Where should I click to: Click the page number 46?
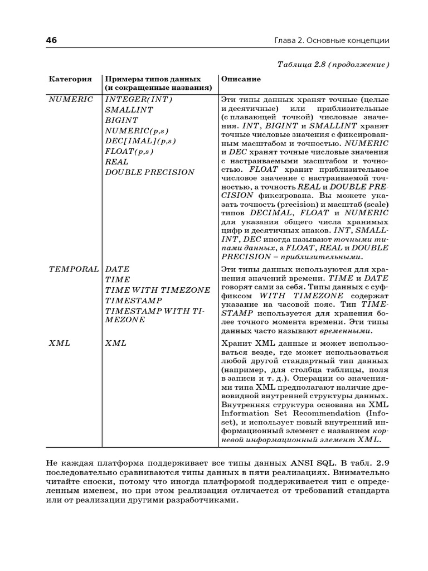pos(51,41)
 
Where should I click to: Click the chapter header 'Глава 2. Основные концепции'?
pos(332,41)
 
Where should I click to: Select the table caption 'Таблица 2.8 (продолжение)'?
pos(333,65)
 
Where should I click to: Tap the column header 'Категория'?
pos(70,79)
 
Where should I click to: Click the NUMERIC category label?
pos(71,99)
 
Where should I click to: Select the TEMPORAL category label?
pos(74,269)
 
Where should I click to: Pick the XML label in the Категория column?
pos(60,343)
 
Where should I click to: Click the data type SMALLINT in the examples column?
pos(129,110)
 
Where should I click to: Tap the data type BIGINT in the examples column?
pos(121,120)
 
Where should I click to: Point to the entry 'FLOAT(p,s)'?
pos(129,151)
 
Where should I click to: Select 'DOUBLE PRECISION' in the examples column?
pos(150,172)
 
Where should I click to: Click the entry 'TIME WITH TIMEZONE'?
pos(158,290)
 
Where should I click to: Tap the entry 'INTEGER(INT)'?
pos(139,99)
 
